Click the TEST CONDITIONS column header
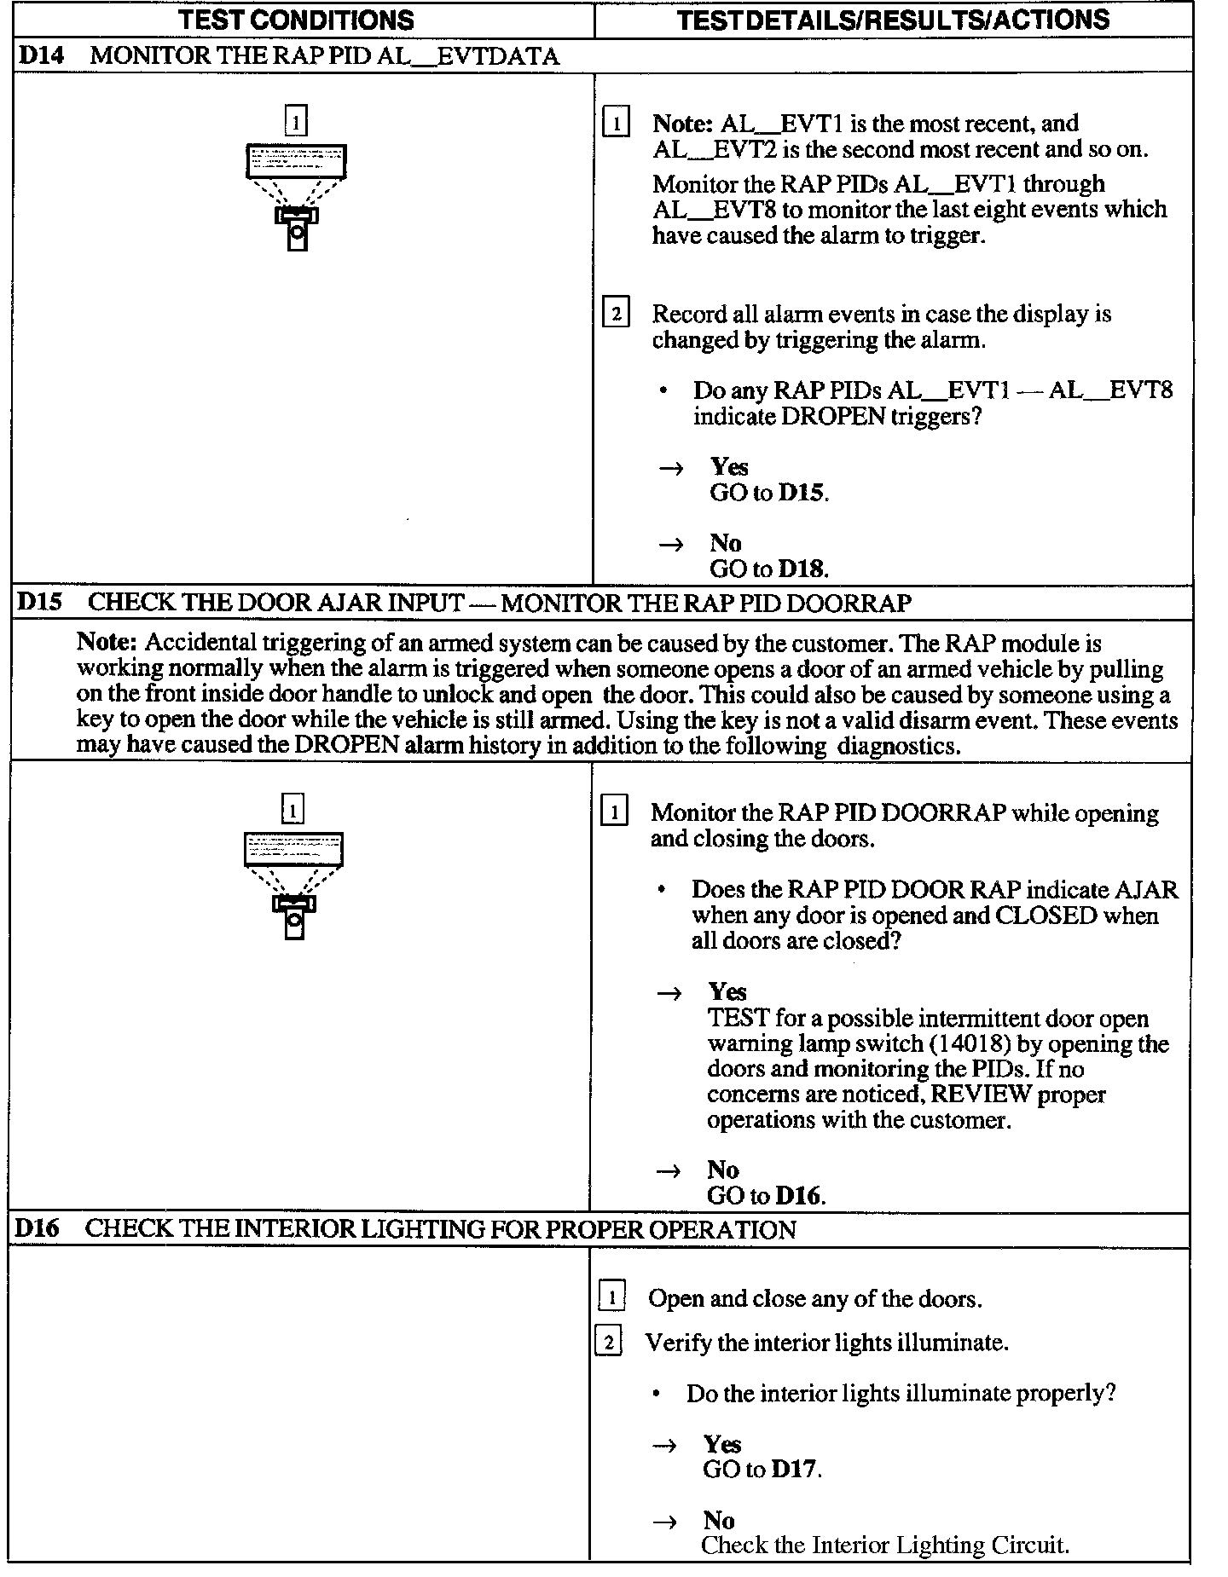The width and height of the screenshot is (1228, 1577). point(297,20)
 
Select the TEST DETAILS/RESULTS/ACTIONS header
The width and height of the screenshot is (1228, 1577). point(893,20)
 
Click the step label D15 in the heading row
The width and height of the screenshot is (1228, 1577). point(39,603)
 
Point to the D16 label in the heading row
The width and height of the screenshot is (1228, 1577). point(38,1229)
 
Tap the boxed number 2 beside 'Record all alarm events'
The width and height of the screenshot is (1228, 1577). point(616,314)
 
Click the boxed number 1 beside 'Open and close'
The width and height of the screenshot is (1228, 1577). point(611,1298)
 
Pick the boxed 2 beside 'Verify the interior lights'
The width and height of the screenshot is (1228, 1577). point(608,1343)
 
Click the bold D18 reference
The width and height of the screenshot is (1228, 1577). point(802,569)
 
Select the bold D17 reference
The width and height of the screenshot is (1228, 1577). point(795,1469)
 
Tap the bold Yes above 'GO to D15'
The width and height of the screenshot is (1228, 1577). point(729,466)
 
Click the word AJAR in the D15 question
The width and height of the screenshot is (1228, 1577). point(1147,890)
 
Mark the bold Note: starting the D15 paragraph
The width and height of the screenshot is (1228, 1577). point(107,642)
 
